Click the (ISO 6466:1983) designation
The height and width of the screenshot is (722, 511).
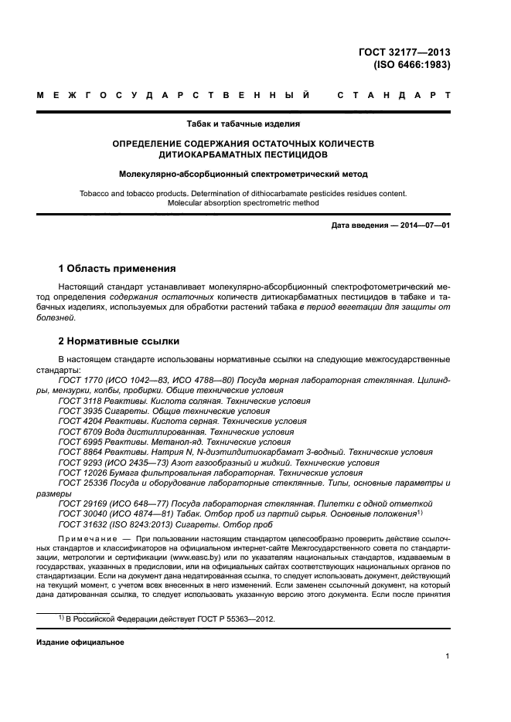411,65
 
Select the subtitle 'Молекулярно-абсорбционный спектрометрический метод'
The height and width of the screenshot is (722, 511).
244,174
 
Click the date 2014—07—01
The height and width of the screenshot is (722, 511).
424,225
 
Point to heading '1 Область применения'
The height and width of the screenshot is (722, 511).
117,269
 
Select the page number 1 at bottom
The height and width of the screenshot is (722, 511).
448,656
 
